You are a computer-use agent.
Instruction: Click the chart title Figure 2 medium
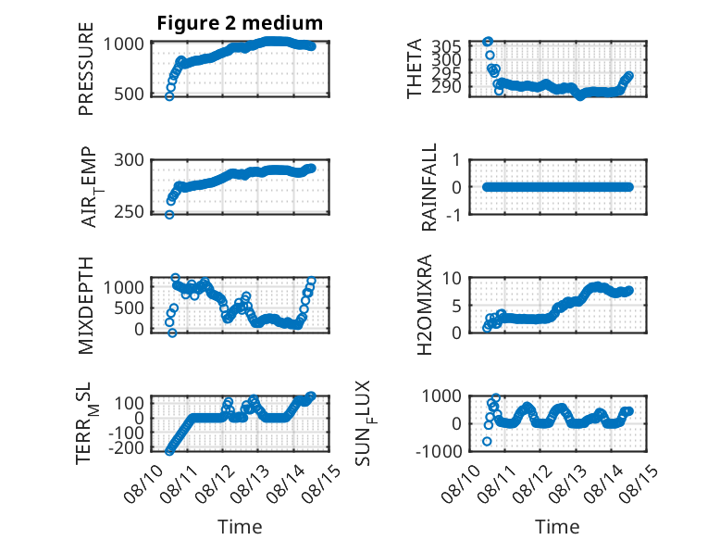click(240, 23)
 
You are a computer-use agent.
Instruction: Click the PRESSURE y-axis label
click(86, 69)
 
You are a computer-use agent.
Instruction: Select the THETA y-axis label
click(415, 69)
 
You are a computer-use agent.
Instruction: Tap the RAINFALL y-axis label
click(428, 187)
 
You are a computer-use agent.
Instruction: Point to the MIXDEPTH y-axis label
click(86, 306)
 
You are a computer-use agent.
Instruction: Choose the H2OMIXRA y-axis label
click(425, 305)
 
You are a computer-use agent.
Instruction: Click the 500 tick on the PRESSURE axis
click(129, 94)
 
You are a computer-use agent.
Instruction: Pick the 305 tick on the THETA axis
click(446, 46)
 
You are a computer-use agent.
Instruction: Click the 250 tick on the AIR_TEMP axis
click(129, 212)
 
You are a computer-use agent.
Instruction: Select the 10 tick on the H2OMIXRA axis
click(452, 278)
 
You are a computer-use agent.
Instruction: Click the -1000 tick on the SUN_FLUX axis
click(439, 451)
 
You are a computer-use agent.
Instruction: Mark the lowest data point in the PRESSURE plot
click(169, 96)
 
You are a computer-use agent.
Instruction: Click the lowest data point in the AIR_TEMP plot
click(169, 215)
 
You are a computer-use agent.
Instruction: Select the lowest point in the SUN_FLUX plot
click(487, 441)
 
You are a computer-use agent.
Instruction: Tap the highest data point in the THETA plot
click(488, 42)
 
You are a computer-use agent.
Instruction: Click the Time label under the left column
click(240, 527)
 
